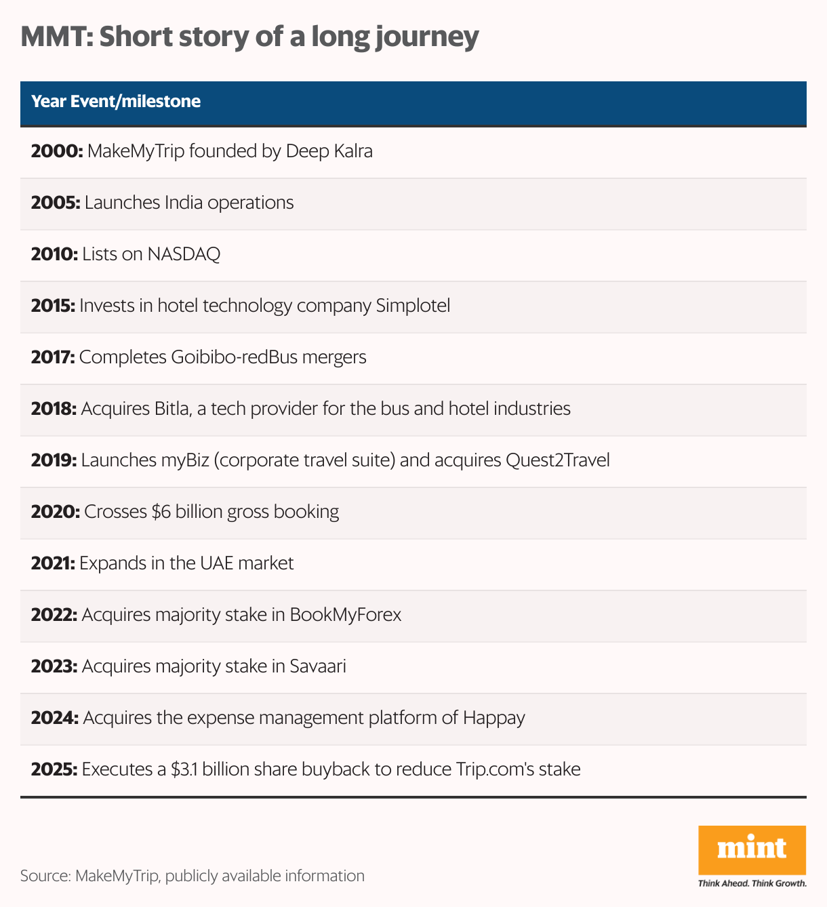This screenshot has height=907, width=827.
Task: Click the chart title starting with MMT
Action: pos(249,37)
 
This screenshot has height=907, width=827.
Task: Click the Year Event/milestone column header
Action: pos(116,102)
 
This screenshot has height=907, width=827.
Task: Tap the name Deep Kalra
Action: pos(329,150)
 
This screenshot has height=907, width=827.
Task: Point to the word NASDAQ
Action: pos(184,254)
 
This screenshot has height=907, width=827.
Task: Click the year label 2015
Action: pos(53,306)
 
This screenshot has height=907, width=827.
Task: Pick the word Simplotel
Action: pos(412,306)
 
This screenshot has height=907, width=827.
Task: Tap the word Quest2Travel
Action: pos(557,460)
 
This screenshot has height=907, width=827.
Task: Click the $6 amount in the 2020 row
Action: pos(161,512)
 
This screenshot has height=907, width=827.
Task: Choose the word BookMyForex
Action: pos(345,615)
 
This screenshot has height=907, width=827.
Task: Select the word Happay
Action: pos(493,718)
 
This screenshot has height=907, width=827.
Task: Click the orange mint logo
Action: pos(752,849)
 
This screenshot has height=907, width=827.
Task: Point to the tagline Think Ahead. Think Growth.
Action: pos(752,883)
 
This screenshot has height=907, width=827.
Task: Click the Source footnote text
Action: pos(193,876)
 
